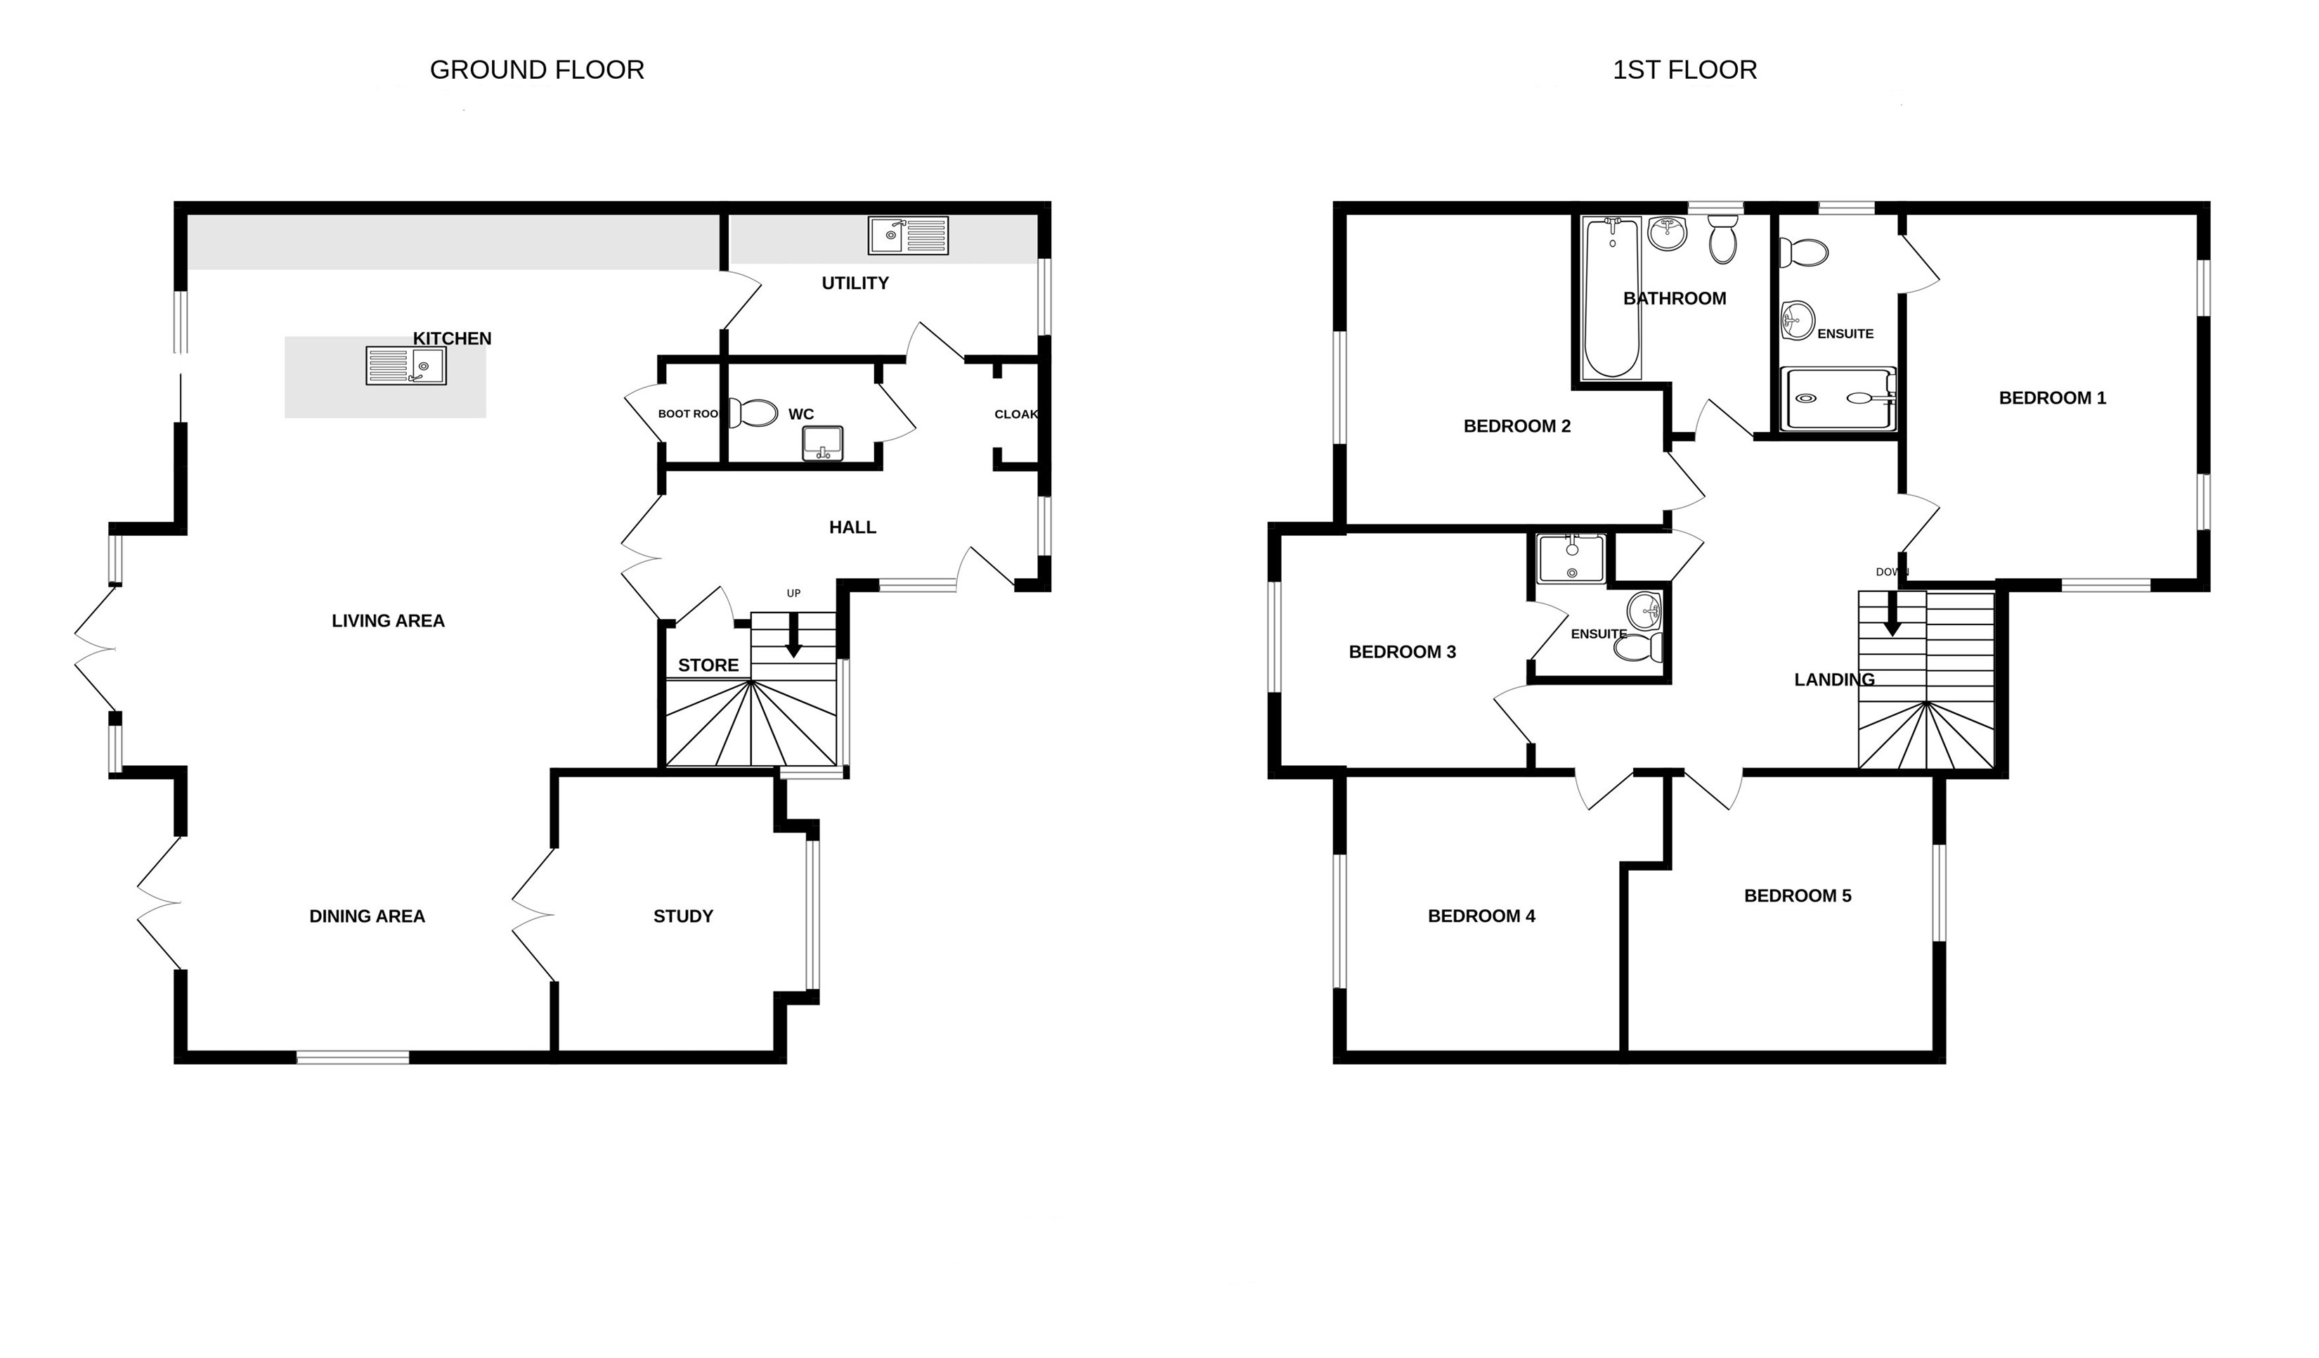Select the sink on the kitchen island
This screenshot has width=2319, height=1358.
click(406, 366)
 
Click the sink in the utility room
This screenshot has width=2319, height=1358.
click(908, 235)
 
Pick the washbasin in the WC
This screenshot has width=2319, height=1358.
click(821, 443)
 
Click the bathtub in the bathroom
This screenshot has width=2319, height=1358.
click(1611, 298)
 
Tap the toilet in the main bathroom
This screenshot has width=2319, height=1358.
click(1722, 239)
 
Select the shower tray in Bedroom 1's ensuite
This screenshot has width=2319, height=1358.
click(1838, 399)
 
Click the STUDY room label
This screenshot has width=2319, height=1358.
click(683, 916)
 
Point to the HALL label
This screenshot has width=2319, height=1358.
click(852, 527)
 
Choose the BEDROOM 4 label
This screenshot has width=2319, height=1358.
click(1481, 916)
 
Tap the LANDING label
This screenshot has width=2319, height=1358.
click(1834, 679)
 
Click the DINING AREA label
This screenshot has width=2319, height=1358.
click(367, 916)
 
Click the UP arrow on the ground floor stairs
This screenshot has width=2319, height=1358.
click(793, 634)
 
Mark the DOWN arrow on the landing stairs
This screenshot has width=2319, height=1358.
click(1892, 613)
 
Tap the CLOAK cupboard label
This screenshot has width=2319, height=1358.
click(1016, 414)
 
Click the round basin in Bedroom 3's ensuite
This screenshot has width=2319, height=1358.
click(1644, 610)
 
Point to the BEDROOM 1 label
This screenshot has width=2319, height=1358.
click(2052, 398)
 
